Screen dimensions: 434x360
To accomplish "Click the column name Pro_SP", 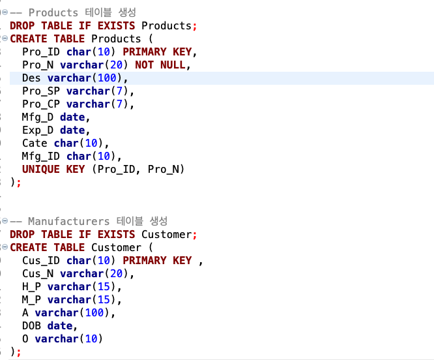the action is (41, 91).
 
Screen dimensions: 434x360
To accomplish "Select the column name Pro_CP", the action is (41, 104).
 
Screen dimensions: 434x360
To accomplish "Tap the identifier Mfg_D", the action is (38, 117).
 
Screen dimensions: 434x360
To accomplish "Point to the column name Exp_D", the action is (38, 130).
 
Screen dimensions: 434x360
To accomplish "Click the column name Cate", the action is (35, 143).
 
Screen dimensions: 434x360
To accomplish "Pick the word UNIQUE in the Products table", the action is (41, 169).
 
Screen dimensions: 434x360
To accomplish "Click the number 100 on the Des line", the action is (107, 78).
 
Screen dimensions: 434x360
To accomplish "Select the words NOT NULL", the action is (160, 65).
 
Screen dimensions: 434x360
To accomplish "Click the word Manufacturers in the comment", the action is (69, 221).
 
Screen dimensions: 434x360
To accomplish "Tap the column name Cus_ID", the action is (41, 261).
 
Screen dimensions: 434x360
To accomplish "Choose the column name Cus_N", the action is (38, 274).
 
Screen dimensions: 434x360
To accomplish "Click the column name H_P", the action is (31, 286).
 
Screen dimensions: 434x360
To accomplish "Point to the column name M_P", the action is (31, 299).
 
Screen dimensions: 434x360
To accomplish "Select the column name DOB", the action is (31, 325).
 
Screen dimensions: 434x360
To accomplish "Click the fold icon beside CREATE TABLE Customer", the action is (5, 247).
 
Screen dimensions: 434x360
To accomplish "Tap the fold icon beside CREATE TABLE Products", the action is (5, 38).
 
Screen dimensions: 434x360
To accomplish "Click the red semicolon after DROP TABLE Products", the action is (195, 26).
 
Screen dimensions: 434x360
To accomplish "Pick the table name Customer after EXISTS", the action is (166, 235).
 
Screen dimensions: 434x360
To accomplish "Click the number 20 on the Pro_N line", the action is (116, 65).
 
